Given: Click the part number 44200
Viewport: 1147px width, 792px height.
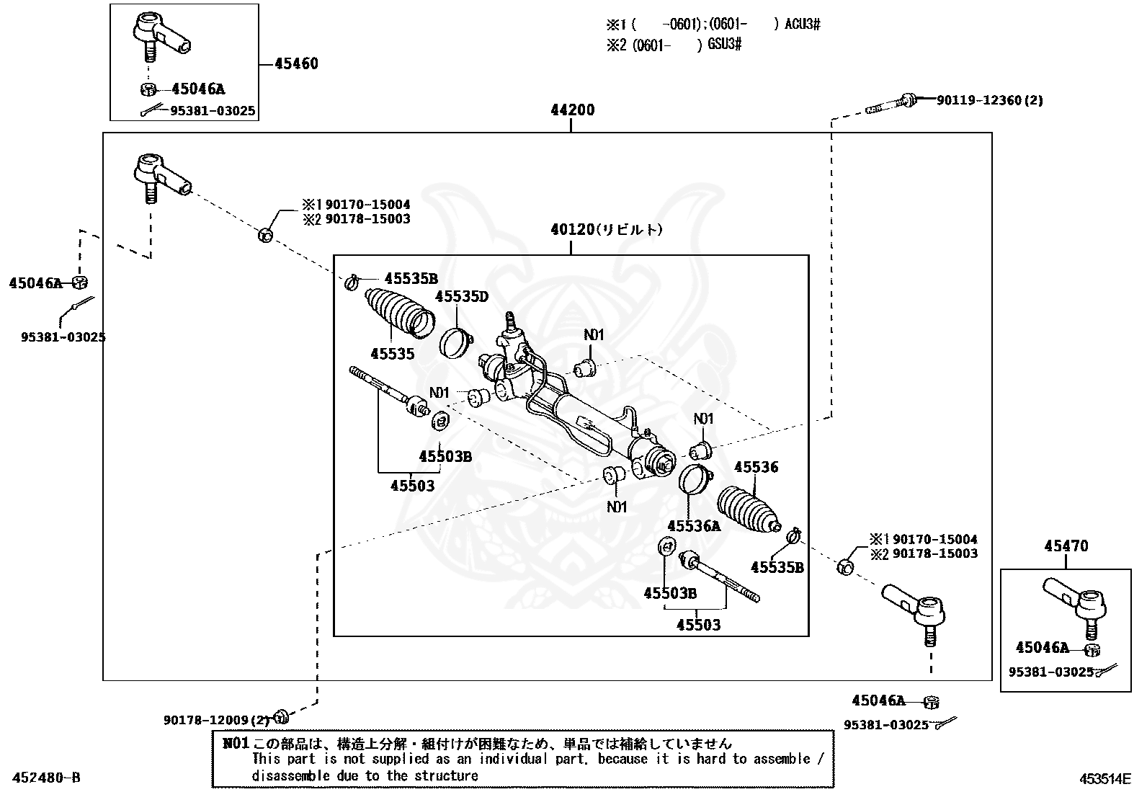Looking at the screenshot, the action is (573, 110).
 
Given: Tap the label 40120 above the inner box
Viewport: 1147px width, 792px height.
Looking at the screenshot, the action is (572, 229).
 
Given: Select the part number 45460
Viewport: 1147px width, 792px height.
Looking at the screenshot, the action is (297, 63).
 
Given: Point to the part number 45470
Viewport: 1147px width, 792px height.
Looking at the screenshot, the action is (1066, 546).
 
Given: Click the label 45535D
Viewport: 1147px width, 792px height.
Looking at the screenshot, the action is (461, 296).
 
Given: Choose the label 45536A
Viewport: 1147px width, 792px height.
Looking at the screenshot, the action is (694, 526).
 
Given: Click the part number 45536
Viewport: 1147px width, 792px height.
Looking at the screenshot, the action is (756, 467).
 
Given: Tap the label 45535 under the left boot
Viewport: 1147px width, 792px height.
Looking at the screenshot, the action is (392, 353).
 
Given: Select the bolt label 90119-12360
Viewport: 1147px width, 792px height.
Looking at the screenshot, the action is (989, 100).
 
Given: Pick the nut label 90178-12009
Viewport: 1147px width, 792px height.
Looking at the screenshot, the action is (217, 720).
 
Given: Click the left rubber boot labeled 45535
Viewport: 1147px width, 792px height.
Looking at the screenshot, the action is (399, 313).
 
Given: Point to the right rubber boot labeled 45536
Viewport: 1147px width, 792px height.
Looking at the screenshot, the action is (749, 509).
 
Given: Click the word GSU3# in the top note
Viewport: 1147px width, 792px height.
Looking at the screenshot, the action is (724, 45).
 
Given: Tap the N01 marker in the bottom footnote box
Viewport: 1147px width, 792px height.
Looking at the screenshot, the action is (236, 743).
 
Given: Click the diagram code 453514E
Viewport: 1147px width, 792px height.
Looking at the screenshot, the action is (1105, 779).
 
